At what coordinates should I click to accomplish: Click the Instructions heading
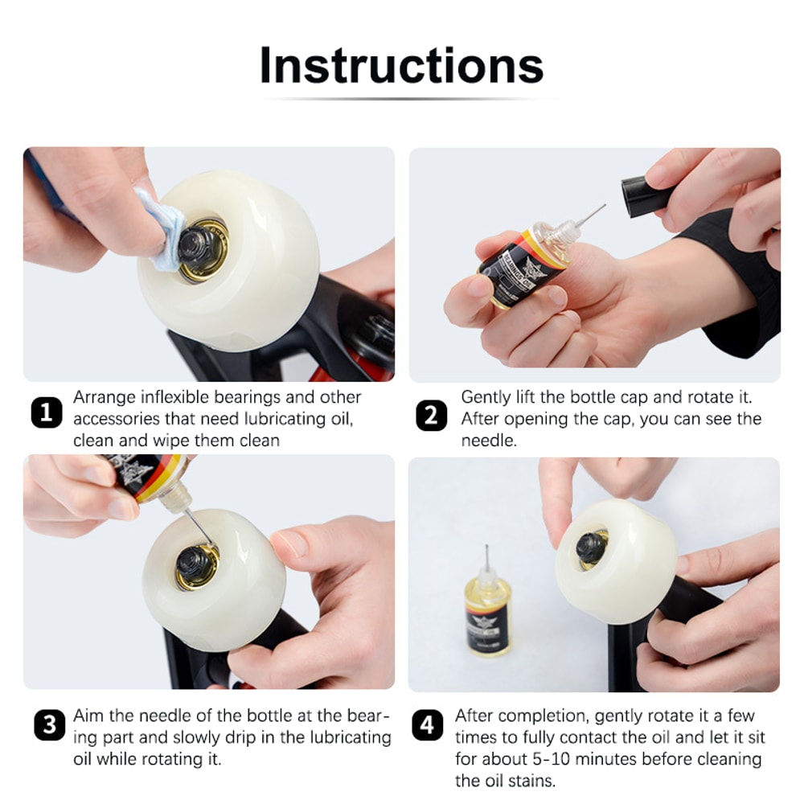pos(401,66)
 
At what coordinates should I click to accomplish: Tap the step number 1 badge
pos(47,413)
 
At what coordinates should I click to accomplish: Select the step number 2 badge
pos(432,416)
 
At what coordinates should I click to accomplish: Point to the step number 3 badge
pos(49,725)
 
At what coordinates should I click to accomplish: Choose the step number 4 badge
pos(427,725)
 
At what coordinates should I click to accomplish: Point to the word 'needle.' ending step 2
pos(489,441)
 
